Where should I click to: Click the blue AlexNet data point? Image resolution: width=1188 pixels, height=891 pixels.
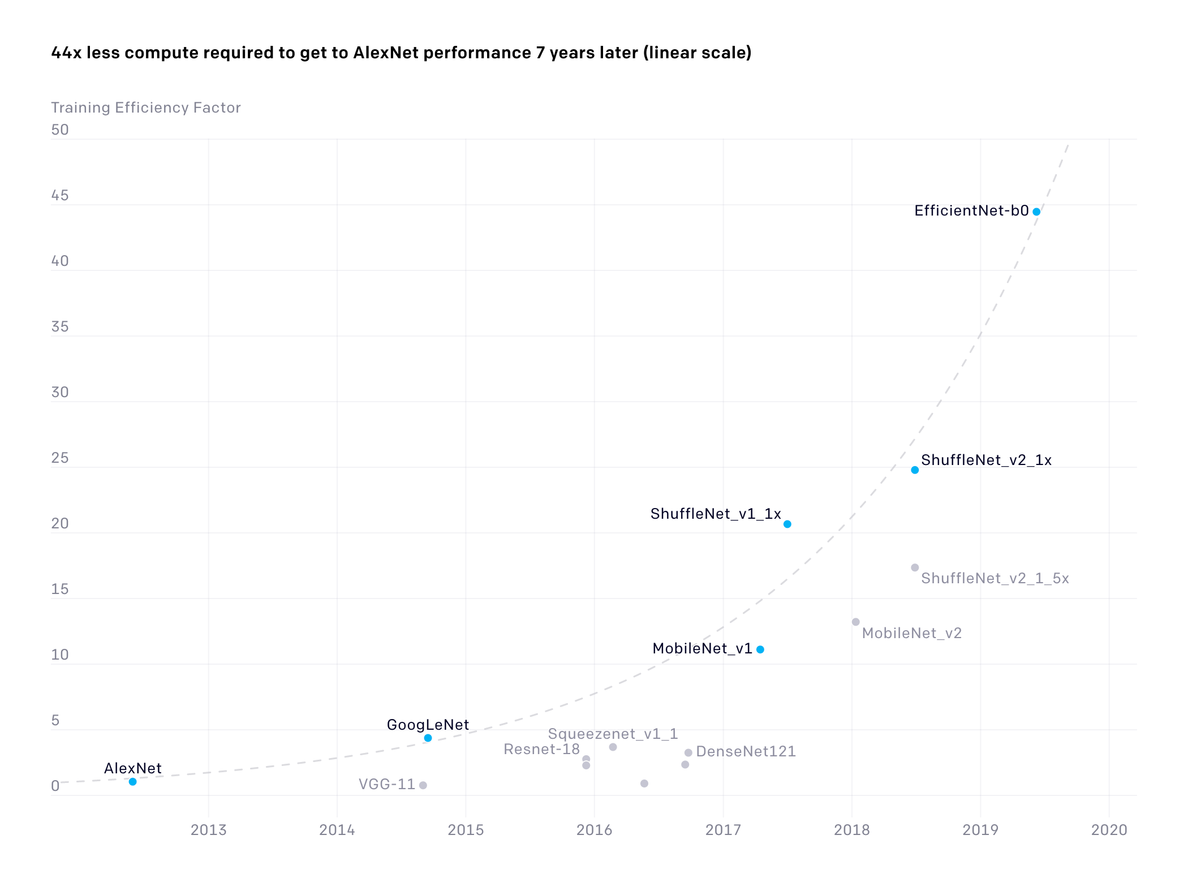coord(132,781)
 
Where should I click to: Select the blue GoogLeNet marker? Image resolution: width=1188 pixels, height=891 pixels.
coord(428,738)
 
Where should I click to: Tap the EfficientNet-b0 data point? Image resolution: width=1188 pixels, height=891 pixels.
coord(1036,212)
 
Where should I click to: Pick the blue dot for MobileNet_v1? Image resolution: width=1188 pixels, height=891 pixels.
coord(760,649)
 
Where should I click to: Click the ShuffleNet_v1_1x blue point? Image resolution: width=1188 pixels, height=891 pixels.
coord(787,524)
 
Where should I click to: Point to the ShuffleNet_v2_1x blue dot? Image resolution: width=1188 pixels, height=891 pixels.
coord(915,470)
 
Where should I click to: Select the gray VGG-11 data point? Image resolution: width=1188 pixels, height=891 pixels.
coord(423,785)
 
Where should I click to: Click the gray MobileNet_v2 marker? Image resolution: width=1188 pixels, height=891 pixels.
coord(855,622)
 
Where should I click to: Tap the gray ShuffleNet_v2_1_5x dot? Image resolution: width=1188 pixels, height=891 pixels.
coord(915,567)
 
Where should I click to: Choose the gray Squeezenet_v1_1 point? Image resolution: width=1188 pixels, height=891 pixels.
coord(613,747)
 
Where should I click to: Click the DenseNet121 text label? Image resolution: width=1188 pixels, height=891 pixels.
coord(746,751)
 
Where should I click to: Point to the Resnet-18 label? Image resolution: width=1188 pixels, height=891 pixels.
coord(541,749)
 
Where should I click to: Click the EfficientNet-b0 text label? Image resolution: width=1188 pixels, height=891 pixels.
coord(971,210)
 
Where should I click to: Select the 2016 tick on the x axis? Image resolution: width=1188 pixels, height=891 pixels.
coord(594,830)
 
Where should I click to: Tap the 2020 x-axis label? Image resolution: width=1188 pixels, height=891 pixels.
coord(1109,830)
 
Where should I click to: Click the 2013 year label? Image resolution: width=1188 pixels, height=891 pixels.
coord(208,830)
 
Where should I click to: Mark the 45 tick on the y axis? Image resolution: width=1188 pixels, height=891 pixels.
coord(59,195)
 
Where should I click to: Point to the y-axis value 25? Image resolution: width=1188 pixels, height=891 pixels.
coord(59,458)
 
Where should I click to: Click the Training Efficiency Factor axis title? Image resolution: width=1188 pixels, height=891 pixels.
coord(145,107)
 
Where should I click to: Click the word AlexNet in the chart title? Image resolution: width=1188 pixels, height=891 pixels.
coord(386,53)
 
